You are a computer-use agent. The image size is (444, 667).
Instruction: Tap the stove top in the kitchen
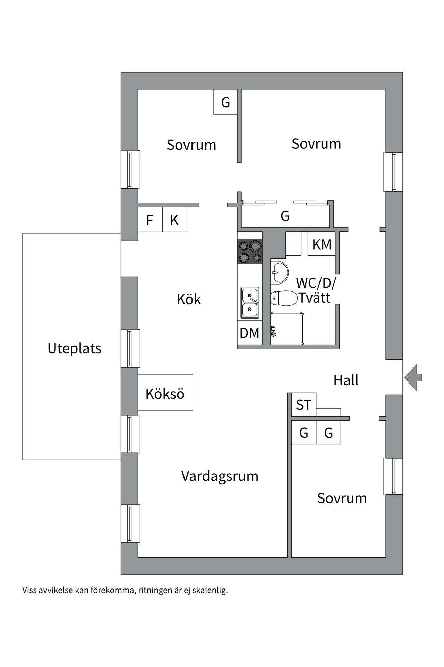click(x=250, y=252)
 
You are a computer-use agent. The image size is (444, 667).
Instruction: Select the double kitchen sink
click(x=250, y=302)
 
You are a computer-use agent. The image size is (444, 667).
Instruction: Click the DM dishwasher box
click(x=249, y=333)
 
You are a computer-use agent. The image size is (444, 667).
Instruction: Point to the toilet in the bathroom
click(x=284, y=298)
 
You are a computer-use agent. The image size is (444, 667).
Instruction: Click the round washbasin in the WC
click(x=280, y=272)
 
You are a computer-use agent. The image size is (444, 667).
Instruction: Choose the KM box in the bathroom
click(x=322, y=244)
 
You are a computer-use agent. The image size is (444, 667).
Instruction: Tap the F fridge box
click(x=150, y=220)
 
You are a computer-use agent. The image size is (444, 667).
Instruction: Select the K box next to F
click(x=174, y=220)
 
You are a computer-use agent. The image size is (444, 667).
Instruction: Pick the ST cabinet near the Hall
click(x=304, y=405)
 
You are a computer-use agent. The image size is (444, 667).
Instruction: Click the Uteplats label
click(x=74, y=348)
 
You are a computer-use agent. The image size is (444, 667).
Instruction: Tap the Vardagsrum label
click(x=220, y=476)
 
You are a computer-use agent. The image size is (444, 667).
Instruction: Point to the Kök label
click(x=189, y=299)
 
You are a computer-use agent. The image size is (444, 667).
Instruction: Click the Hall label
click(x=346, y=380)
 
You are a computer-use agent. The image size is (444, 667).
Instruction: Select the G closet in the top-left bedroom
click(x=225, y=102)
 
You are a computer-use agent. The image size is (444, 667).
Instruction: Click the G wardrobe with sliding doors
click(x=285, y=216)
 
